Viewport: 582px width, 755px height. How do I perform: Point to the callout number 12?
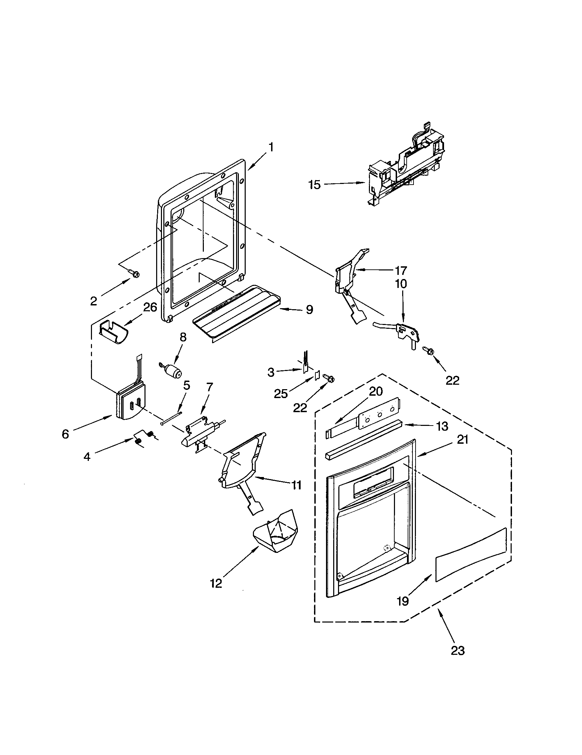(216, 583)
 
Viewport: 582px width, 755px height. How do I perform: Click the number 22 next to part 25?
(300, 408)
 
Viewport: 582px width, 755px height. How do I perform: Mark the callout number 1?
(271, 147)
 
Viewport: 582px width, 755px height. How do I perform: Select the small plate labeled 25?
(316, 376)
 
